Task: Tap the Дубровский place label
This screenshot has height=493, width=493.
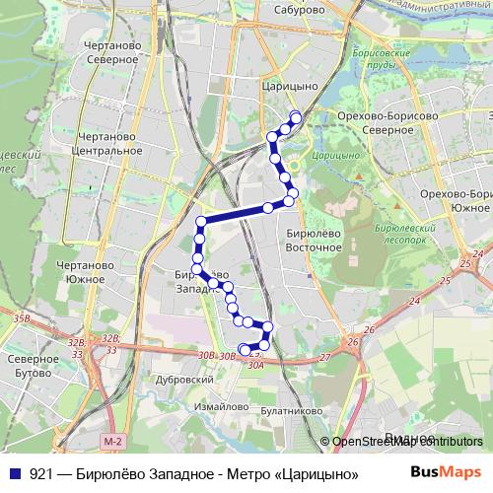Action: click(x=186, y=379)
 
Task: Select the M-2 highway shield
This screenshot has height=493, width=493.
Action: click(x=115, y=440)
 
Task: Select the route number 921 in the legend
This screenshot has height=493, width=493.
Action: click(x=40, y=473)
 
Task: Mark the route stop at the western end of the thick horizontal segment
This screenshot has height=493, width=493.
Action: click(x=201, y=221)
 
